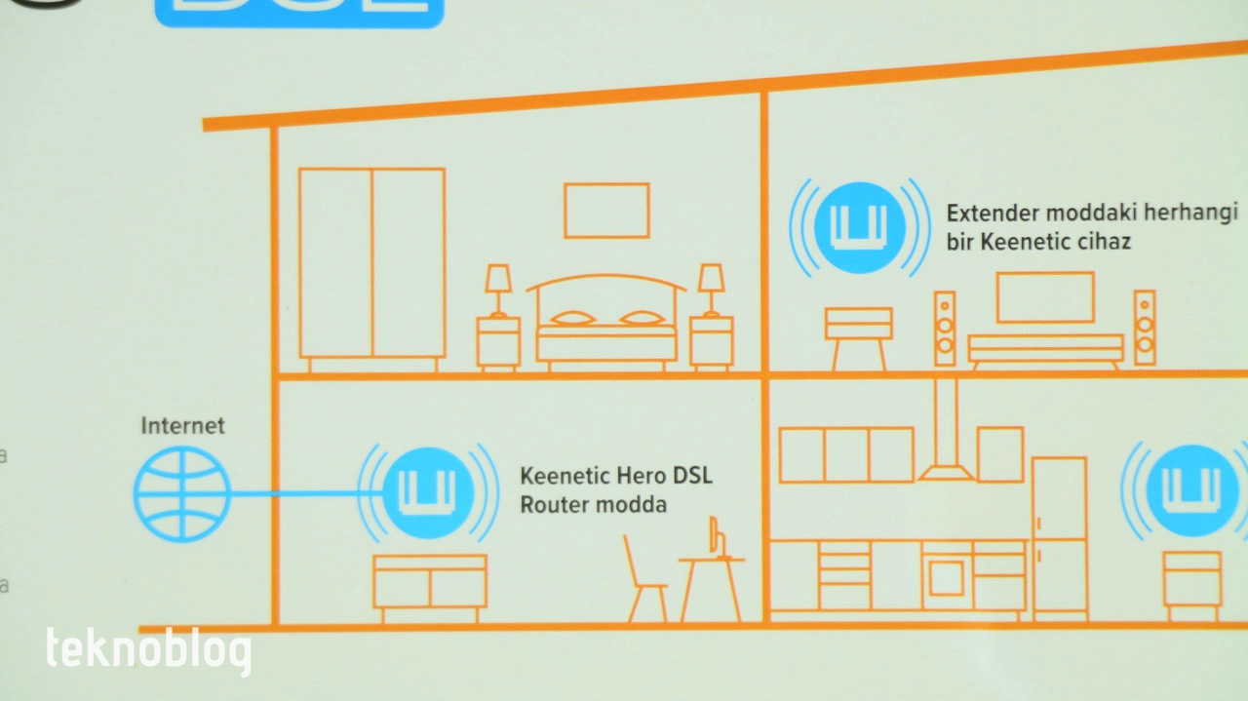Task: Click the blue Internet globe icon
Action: [182, 494]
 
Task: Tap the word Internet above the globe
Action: [182, 426]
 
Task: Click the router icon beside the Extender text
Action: [858, 227]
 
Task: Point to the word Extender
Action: [988, 214]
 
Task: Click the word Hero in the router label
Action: [643, 476]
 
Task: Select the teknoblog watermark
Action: [148, 650]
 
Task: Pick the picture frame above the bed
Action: [606, 211]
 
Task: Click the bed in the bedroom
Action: [606, 327]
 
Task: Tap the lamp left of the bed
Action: [498, 289]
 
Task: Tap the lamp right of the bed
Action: [711, 289]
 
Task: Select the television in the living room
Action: [1045, 297]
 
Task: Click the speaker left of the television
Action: [945, 328]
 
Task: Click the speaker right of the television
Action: [1145, 328]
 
